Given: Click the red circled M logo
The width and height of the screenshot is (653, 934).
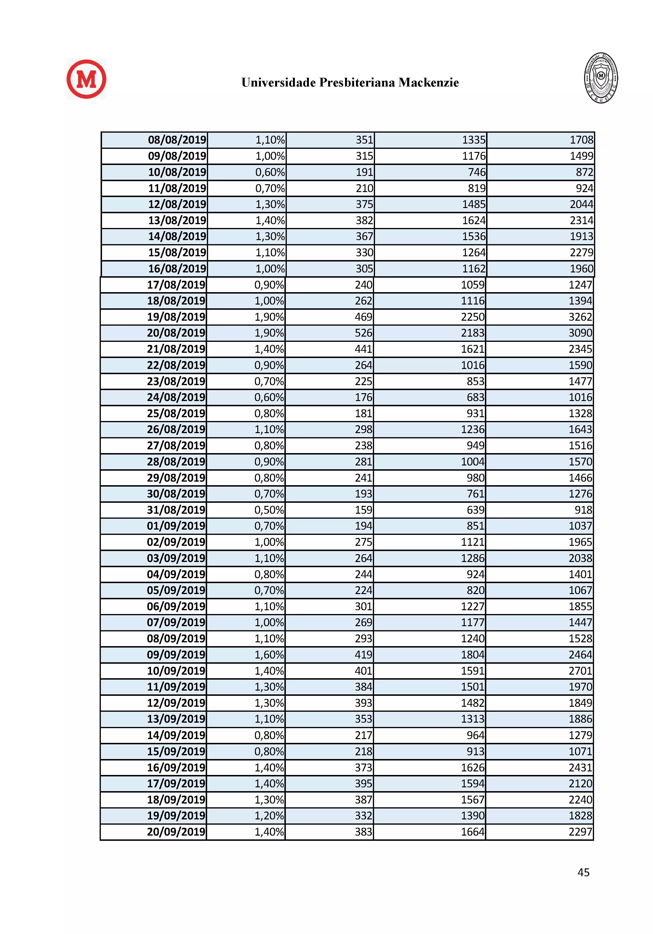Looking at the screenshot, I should (86, 79).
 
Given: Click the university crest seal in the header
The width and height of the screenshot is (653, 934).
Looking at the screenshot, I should (601, 78).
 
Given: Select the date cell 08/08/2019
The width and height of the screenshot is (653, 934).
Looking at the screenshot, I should (177, 140).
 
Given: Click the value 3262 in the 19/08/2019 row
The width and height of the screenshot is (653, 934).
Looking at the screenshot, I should (580, 317).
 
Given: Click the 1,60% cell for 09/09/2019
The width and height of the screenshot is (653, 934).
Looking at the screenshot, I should (269, 654).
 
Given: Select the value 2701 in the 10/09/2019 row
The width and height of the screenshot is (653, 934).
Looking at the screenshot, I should (580, 671).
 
